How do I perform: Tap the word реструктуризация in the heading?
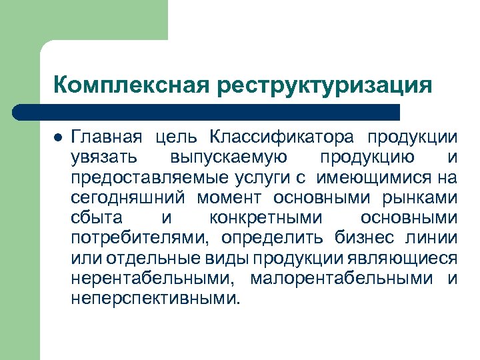click(x=324, y=86)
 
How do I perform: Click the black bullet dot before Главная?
click(x=57, y=138)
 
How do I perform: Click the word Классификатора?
click(x=283, y=138)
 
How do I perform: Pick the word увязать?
click(x=104, y=158)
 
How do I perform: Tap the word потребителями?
click(x=141, y=238)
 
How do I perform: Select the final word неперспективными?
click(x=153, y=298)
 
